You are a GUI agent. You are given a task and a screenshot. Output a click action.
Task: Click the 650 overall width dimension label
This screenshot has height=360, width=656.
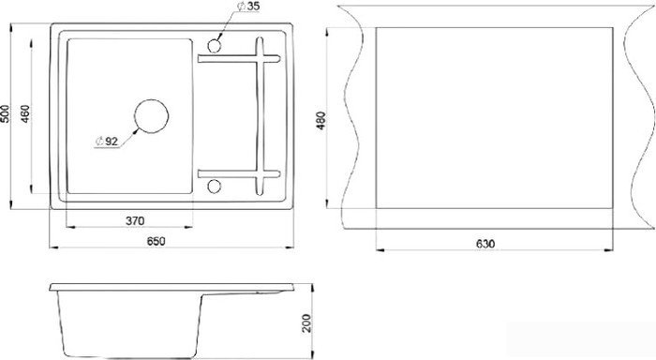(x=157, y=241)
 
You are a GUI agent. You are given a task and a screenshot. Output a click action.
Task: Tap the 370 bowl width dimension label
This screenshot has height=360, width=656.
(x=135, y=220)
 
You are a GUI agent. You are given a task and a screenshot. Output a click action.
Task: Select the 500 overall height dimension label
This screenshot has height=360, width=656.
(x=5, y=113)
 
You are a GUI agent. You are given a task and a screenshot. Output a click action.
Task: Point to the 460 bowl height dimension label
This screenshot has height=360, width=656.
(x=25, y=113)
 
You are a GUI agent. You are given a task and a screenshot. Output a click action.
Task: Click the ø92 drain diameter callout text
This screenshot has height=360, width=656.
(x=107, y=142)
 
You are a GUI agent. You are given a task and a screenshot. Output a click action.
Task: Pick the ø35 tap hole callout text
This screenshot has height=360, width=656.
(x=248, y=6)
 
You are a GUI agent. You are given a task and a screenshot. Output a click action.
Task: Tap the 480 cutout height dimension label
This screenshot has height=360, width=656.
(x=321, y=121)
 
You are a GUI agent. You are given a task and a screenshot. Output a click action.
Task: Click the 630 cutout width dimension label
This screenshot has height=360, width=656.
(x=485, y=244)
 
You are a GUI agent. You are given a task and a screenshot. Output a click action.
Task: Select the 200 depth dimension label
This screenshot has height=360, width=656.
(x=307, y=322)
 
